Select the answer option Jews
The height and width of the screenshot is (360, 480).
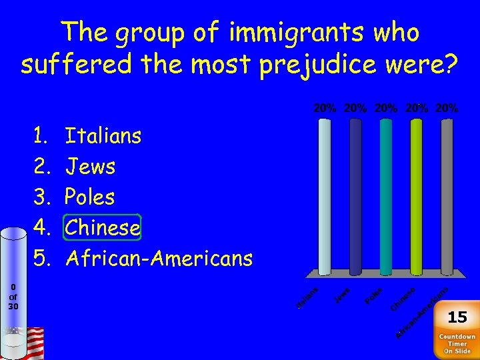pyautogui.click(x=90, y=167)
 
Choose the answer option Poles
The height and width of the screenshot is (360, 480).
pyautogui.click(x=90, y=197)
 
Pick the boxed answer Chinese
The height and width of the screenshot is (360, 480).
pyautogui.click(x=103, y=228)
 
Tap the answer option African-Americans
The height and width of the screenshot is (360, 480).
pyautogui.click(x=159, y=258)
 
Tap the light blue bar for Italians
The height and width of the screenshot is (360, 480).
pyautogui.click(x=325, y=196)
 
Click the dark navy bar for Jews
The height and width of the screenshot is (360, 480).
pyautogui.click(x=355, y=196)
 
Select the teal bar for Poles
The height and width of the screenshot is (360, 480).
pyautogui.click(x=386, y=196)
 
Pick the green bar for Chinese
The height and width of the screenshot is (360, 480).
pyautogui.click(x=417, y=196)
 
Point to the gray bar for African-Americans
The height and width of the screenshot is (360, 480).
pyautogui.click(x=447, y=196)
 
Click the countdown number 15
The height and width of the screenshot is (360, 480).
pyautogui.click(x=457, y=317)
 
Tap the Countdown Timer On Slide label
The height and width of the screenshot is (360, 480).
pyautogui.click(x=457, y=344)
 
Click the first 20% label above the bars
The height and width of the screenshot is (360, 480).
pyautogui.click(x=325, y=107)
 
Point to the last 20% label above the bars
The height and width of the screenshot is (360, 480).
pyautogui.click(x=447, y=107)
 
